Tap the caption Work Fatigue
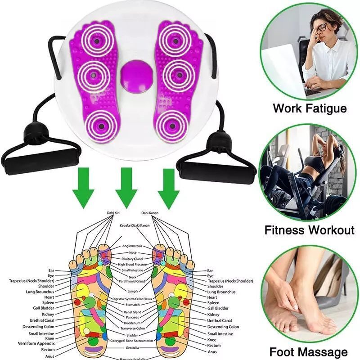pyautogui.click(x=310, y=108)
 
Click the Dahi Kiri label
pyautogui.click(x=114, y=212)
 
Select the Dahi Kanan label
pyautogui.click(x=150, y=212)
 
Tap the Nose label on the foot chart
pyautogui.click(x=133, y=252)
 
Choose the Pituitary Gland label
pyautogui.click(x=132, y=259)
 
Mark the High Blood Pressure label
pyautogui.click(x=132, y=265)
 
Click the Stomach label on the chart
pyautogui.click(x=132, y=305)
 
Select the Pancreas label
pyautogui.click(x=132, y=317)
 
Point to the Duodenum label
pyautogui.click(x=132, y=323)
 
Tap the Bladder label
pyautogui.click(x=132, y=335)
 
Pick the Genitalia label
pyautogui.click(x=132, y=348)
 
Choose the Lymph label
pyautogui.click(x=133, y=291)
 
